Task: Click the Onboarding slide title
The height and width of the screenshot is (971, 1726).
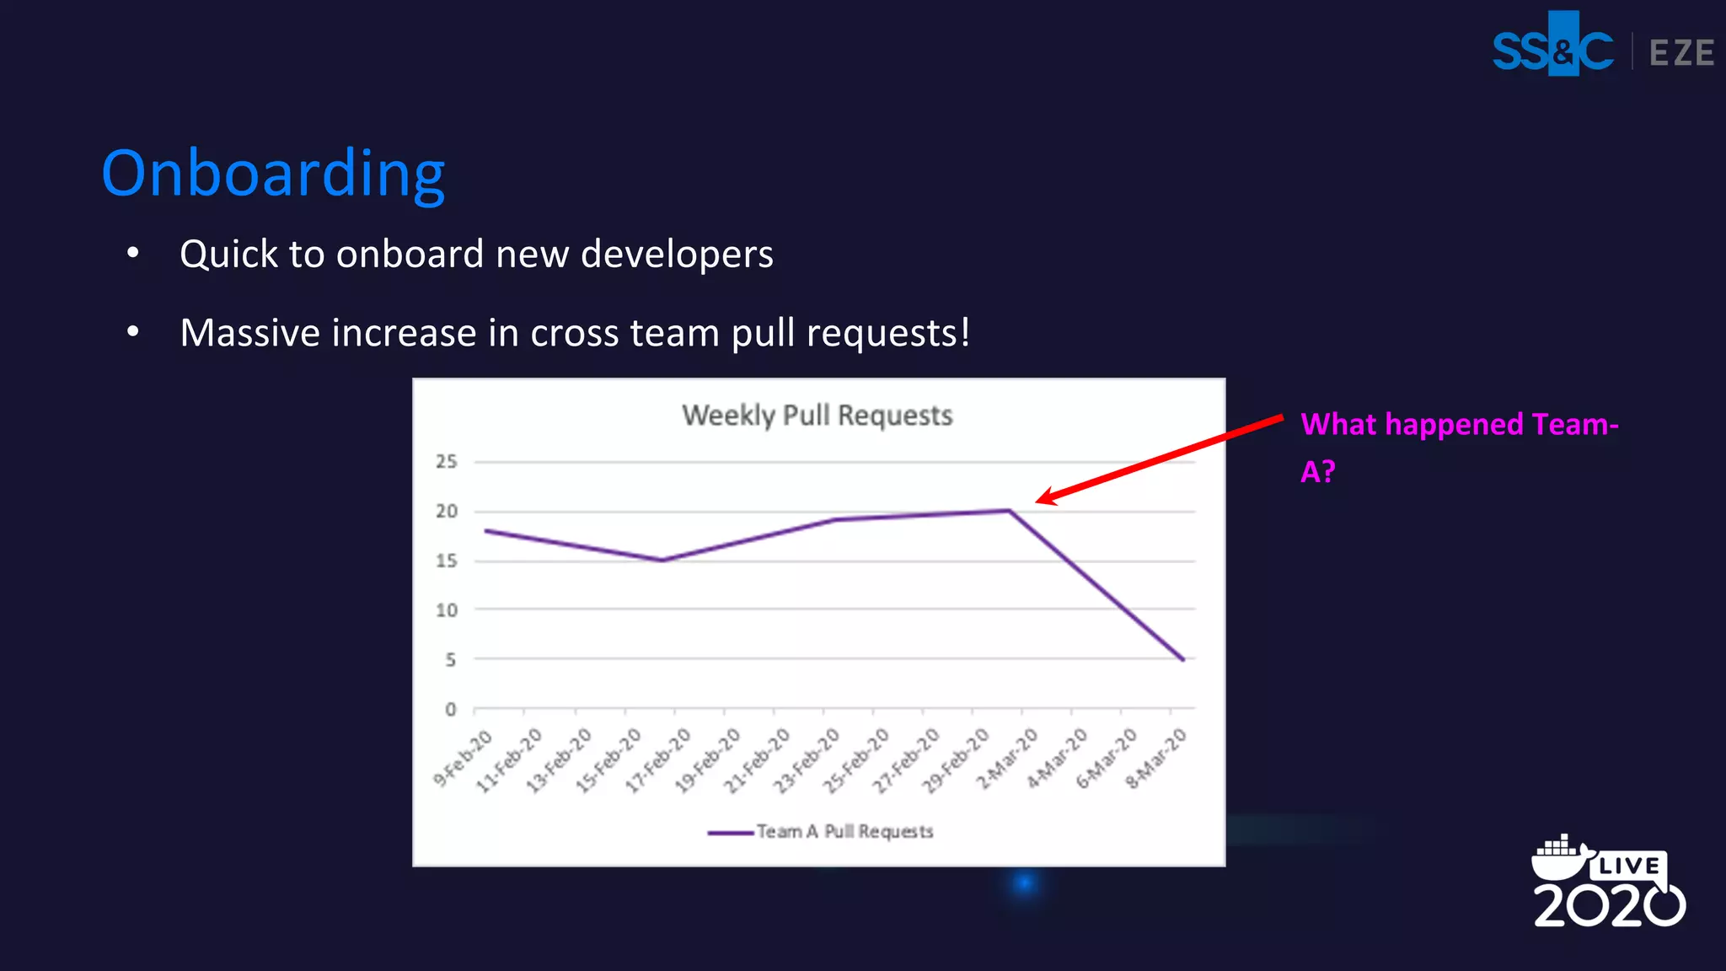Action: tap(273, 174)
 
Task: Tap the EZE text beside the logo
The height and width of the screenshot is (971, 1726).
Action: tap(1681, 53)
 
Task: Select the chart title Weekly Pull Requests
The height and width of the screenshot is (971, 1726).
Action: tap(817, 416)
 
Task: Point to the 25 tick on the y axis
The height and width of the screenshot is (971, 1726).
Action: tap(446, 462)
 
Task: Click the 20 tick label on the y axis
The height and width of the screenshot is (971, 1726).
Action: tap(446, 512)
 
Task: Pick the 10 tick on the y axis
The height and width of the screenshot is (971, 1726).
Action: tap(446, 610)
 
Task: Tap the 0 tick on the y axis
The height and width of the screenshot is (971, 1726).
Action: tap(450, 710)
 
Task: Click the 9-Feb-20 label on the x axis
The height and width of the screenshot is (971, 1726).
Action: tap(463, 759)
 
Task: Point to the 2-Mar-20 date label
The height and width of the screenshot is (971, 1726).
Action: tap(1007, 759)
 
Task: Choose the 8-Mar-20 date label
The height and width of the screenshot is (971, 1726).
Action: tap(1156, 759)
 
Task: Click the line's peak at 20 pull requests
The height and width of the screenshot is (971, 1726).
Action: tap(1009, 511)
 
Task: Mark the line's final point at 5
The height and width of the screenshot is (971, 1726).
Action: tap(1183, 660)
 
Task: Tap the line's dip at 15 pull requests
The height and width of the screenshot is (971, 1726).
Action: tap(662, 561)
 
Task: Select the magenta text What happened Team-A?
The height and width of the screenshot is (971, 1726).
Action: tap(1458, 447)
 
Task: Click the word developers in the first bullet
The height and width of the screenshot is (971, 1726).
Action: tap(677, 255)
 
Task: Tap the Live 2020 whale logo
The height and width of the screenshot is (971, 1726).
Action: tap(1608, 882)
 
